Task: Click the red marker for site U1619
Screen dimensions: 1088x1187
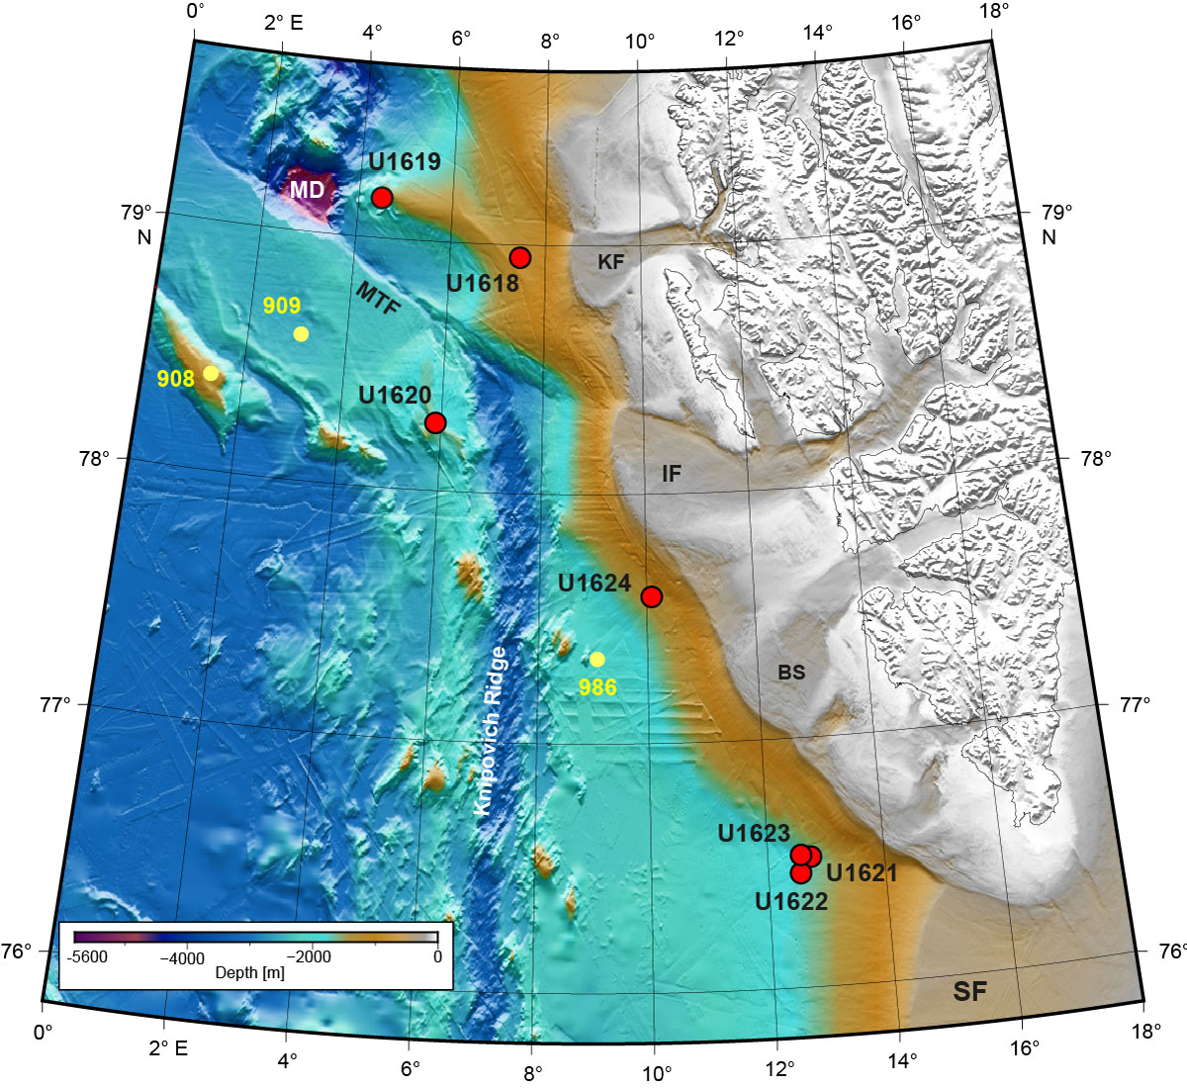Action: coord(382,198)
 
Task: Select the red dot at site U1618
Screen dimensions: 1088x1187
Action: coord(520,257)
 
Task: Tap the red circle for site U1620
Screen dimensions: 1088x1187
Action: coord(435,422)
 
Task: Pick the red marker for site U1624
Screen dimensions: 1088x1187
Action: coord(651,595)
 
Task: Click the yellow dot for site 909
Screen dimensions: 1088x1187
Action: coord(301,334)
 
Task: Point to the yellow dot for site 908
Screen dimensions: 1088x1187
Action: coord(211,373)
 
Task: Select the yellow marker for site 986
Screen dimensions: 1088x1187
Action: coord(596,659)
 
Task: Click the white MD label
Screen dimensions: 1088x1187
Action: coord(307,189)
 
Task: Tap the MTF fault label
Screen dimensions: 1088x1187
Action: coord(379,299)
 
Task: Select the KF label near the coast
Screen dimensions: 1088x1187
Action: coord(611,262)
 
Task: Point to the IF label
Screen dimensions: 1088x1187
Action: coord(672,474)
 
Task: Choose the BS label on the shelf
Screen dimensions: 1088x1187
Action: coord(791,673)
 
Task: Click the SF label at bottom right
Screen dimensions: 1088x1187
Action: coord(969,990)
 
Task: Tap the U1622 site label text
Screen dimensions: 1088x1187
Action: coord(790,901)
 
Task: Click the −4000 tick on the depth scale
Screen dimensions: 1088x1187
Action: coord(182,958)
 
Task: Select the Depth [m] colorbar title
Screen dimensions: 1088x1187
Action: coord(249,973)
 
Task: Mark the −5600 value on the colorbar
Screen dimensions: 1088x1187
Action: coord(87,958)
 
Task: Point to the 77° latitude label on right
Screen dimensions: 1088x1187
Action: coord(1135,705)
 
